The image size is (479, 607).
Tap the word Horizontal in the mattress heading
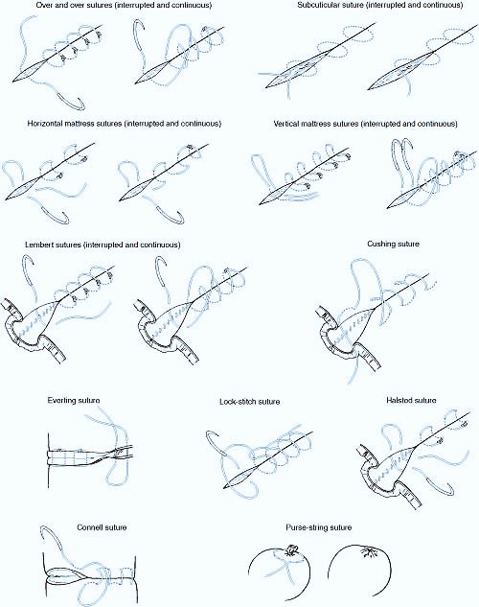click(x=44, y=124)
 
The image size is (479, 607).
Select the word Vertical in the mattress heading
click(x=286, y=124)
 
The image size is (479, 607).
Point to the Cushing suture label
click(x=393, y=244)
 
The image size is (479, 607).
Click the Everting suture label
click(x=74, y=400)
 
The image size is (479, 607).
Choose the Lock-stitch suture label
click(x=250, y=402)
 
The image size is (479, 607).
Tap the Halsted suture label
click(x=411, y=400)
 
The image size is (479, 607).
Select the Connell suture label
click(x=102, y=527)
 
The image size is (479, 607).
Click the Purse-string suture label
click(x=319, y=527)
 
